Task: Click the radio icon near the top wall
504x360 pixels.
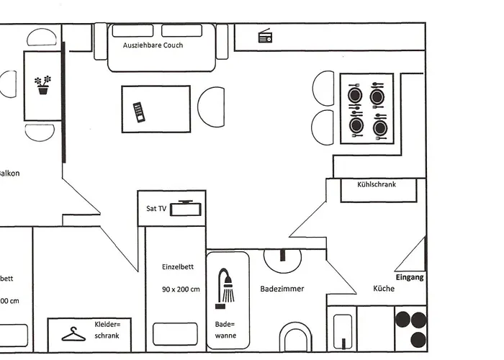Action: click(x=264, y=37)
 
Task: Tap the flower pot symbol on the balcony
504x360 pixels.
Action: click(x=44, y=85)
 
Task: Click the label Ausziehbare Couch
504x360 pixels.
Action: click(x=153, y=45)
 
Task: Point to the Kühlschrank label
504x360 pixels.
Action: click(x=377, y=184)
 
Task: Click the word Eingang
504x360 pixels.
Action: click(x=410, y=277)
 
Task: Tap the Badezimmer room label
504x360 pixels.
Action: click(x=282, y=289)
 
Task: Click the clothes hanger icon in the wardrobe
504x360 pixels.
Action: click(x=73, y=335)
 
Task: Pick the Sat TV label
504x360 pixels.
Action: click(x=156, y=209)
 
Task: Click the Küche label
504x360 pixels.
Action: click(x=383, y=289)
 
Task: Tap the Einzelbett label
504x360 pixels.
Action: click(x=178, y=266)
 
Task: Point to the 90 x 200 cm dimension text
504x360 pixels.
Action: click(x=181, y=289)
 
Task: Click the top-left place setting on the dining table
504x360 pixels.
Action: click(x=355, y=95)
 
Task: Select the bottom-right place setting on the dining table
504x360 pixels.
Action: click(x=379, y=127)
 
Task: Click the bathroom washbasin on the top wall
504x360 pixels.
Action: click(x=283, y=257)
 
